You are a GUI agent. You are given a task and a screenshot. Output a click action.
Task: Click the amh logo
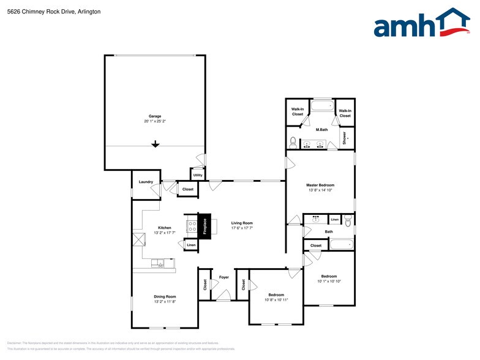[422, 24]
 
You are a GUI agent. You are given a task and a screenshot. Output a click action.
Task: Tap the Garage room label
[155, 116]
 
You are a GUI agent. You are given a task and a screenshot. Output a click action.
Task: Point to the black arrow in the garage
[156, 144]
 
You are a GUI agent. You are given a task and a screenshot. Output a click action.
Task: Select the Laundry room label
[146, 182]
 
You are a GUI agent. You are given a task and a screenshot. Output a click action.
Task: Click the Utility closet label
[198, 175]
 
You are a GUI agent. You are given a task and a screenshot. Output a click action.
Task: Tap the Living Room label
[241, 223]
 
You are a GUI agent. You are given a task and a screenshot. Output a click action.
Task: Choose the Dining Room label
[165, 296]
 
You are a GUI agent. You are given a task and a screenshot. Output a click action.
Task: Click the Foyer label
[223, 277]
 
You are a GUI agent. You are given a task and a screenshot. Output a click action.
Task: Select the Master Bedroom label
[320, 185]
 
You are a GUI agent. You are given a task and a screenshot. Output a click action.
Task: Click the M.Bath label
[321, 130]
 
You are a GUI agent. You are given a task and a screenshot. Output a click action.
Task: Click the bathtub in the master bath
[321, 106]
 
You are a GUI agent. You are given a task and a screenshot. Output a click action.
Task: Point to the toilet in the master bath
[293, 142]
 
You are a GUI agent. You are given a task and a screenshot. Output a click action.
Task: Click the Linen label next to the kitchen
[191, 245]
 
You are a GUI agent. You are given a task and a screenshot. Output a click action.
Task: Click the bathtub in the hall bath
[341, 245]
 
